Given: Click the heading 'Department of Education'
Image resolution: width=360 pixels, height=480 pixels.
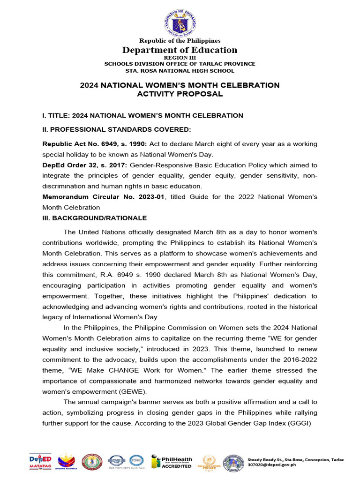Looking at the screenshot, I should [180, 50].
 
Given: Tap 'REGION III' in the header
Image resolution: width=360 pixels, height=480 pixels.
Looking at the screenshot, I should [180, 58].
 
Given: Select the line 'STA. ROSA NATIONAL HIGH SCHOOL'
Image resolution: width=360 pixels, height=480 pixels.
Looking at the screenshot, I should [180, 71].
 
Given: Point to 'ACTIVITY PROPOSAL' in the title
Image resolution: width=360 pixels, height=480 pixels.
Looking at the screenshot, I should [180, 94].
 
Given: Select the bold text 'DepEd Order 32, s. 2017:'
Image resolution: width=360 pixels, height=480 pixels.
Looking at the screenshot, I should [85, 165].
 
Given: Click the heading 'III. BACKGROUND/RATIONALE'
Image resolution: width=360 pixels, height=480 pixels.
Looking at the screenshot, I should [95, 218].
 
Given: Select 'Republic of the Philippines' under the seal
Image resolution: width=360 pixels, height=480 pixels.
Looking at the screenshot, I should [180, 41].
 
